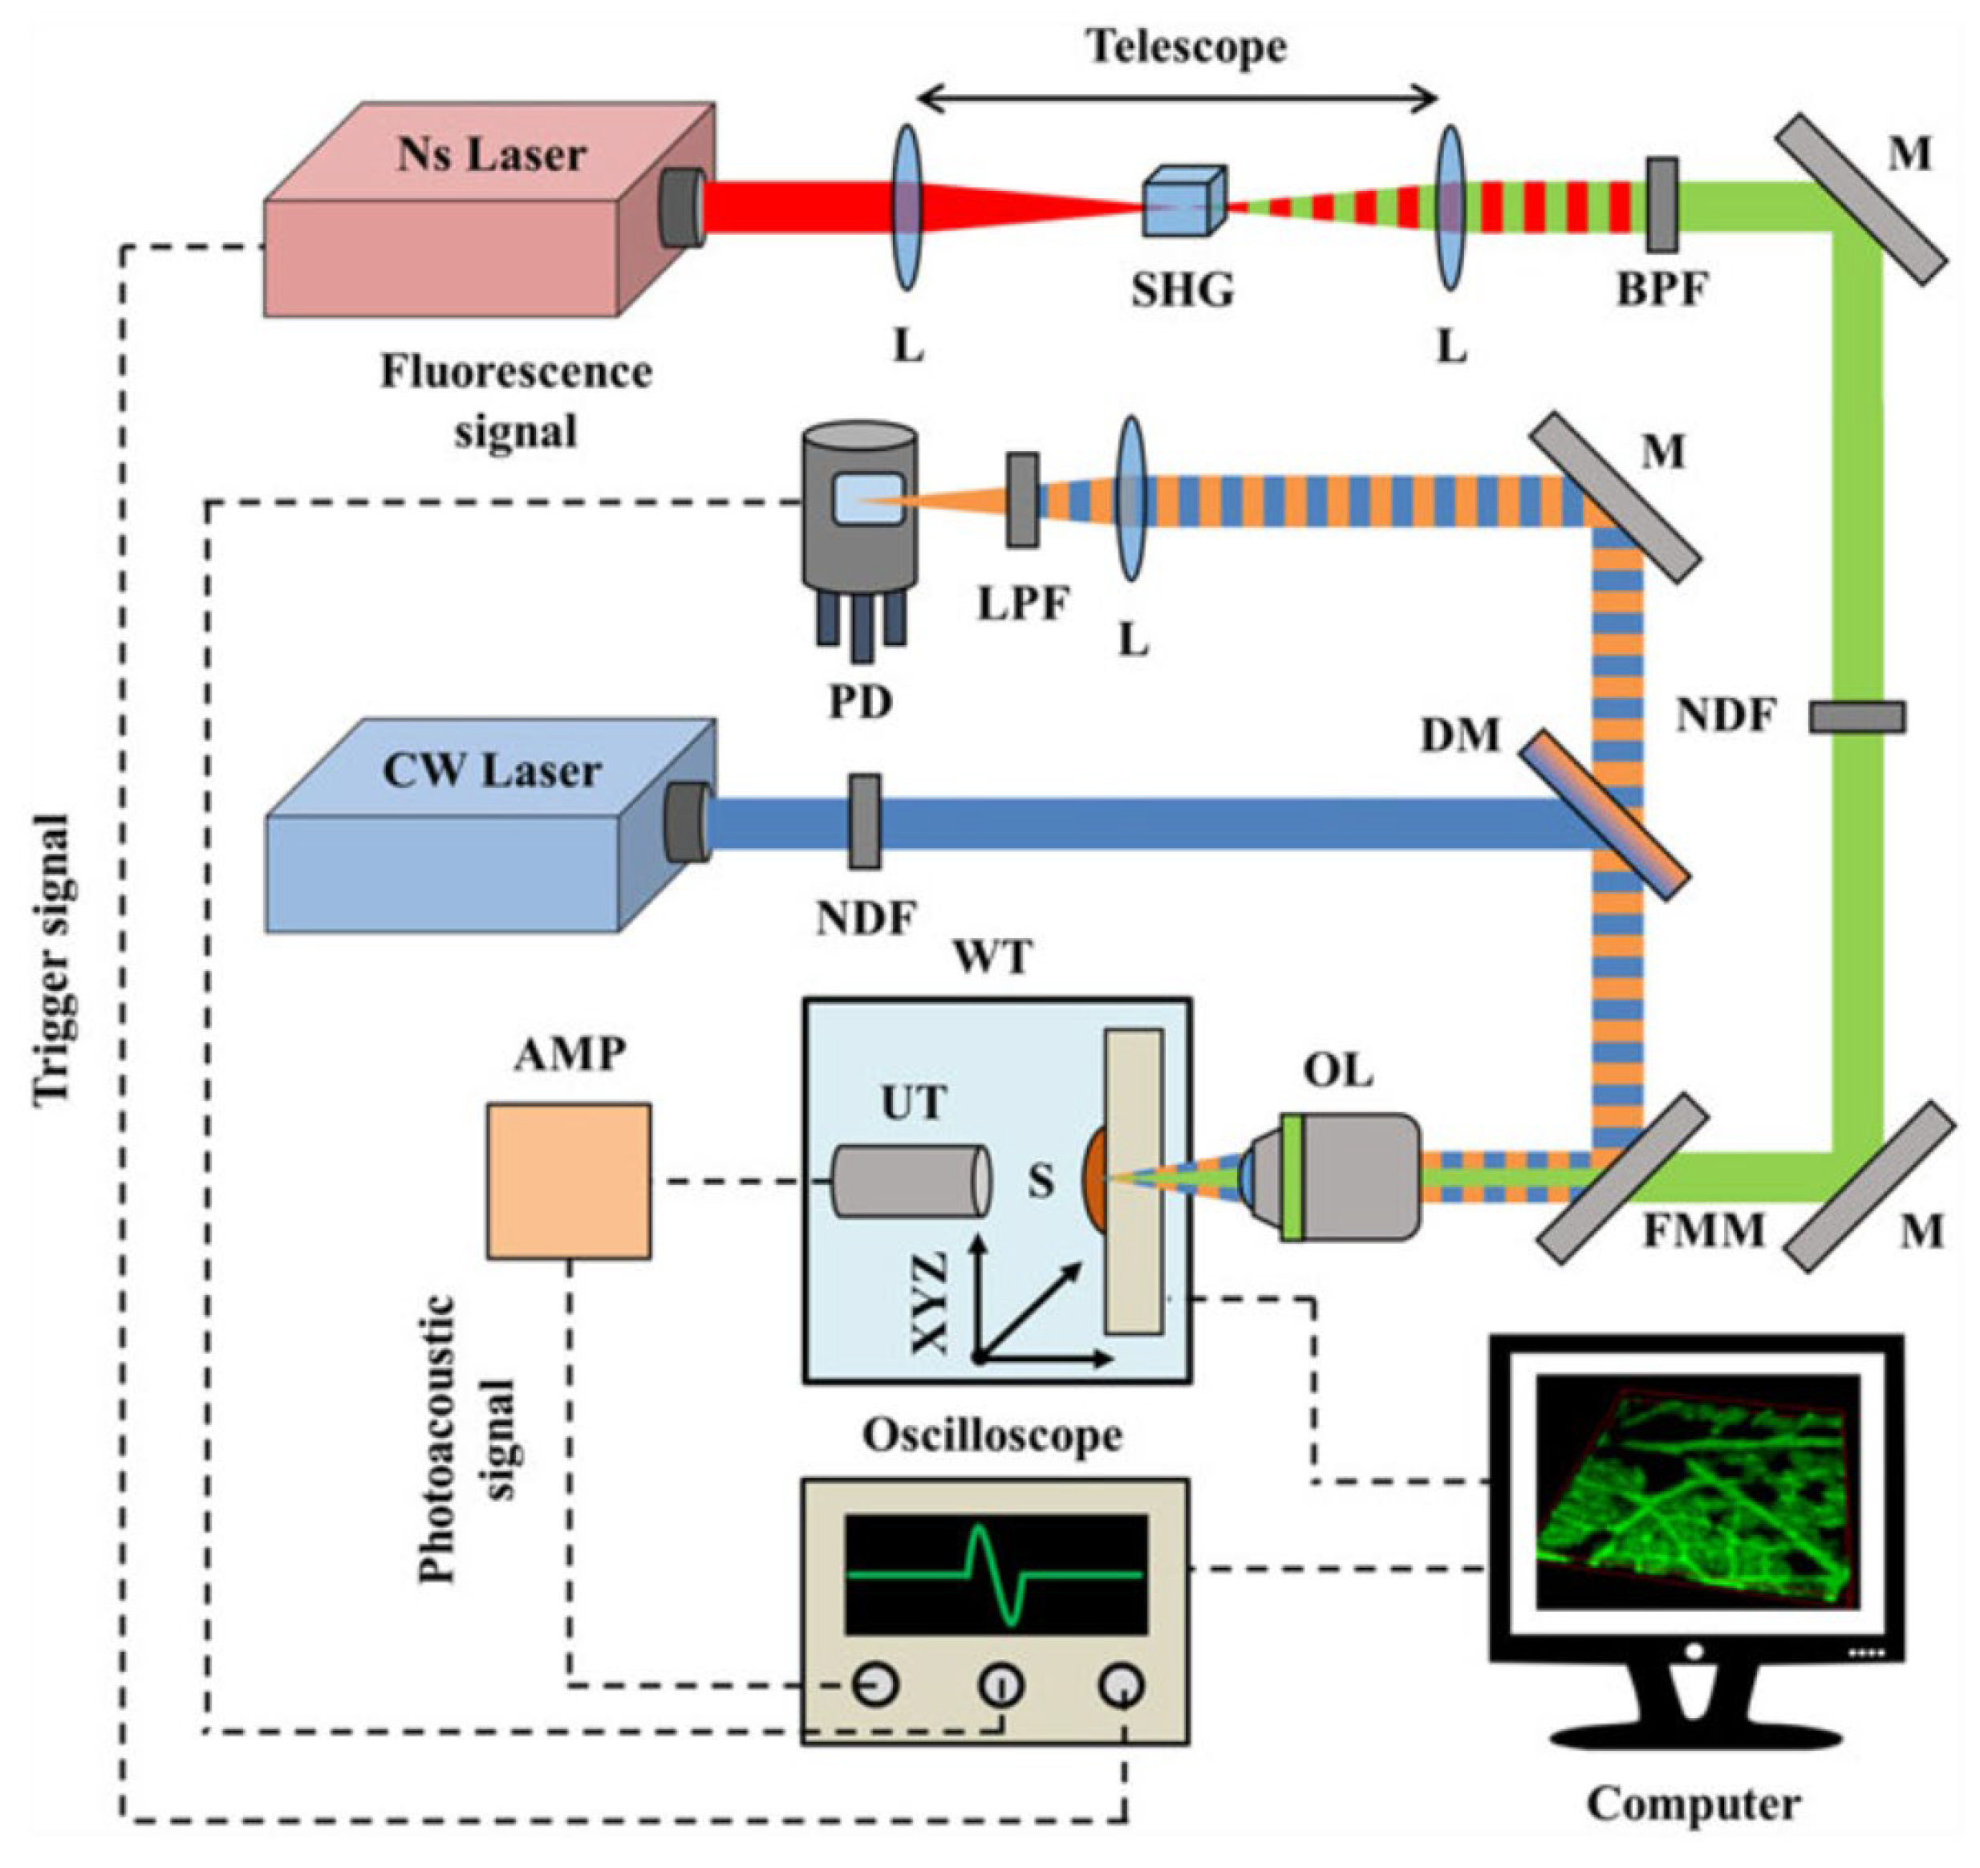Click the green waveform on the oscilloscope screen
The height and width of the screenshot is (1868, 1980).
pos(994,1574)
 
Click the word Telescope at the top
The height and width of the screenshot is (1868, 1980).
pos(1185,46)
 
